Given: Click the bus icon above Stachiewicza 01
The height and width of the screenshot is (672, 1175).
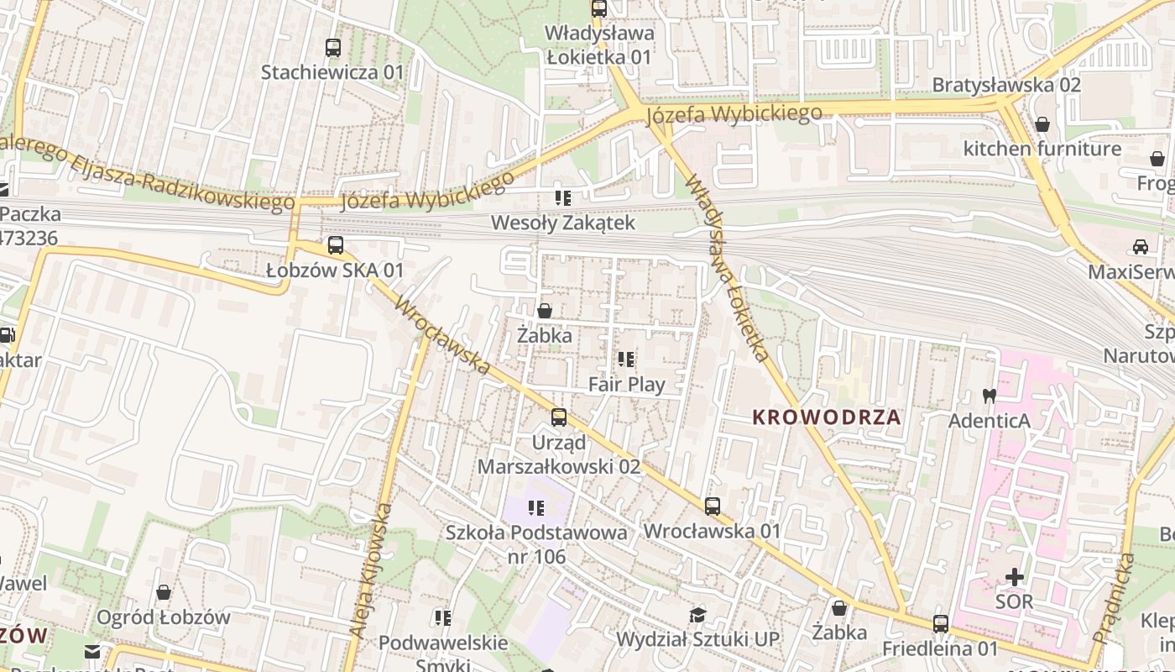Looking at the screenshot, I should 333,48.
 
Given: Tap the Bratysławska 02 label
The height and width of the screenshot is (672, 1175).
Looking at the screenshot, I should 1005,85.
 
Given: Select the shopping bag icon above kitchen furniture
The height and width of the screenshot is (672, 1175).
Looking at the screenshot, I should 1042,124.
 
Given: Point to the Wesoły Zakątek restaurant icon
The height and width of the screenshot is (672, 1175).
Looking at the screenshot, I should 562,198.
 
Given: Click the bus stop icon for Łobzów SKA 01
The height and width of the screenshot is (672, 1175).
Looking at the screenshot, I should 336,245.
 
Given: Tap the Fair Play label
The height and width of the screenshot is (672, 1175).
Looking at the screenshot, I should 626,385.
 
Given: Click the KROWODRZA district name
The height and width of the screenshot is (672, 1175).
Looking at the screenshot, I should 826,417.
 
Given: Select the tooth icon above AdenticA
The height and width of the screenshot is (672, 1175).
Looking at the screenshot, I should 989,395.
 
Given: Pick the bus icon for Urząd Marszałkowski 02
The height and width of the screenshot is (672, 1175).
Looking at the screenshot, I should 558,417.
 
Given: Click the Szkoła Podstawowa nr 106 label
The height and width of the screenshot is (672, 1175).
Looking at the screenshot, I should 535,544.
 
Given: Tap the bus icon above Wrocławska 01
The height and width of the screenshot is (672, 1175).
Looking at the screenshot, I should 712,506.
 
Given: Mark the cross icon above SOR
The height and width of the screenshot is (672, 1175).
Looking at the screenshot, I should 1015,577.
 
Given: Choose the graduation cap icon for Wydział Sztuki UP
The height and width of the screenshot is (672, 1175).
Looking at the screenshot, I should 697,615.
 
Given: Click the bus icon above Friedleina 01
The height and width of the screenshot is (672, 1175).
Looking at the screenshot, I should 940,624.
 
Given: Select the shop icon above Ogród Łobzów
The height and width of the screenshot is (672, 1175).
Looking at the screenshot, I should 164,592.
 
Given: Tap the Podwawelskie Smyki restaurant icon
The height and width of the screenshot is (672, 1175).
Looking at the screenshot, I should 443,618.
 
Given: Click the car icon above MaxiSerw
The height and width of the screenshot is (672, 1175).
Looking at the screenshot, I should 1140,247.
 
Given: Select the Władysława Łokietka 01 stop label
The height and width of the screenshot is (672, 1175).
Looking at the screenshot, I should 598,45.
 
